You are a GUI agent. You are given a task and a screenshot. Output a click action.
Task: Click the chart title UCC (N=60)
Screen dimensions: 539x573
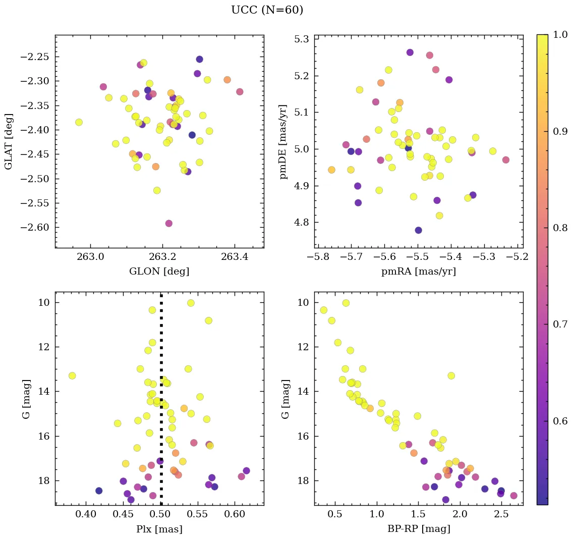267,10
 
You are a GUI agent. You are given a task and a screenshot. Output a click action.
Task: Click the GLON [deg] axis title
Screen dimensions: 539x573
159,272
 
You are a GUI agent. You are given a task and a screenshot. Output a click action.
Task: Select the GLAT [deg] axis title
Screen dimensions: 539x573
9,141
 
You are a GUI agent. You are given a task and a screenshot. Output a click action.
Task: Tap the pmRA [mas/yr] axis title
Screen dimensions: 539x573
419,272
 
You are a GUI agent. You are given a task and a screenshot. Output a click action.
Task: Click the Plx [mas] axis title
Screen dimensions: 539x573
159,529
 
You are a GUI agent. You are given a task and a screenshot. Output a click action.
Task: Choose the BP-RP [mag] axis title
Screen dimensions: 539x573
419,529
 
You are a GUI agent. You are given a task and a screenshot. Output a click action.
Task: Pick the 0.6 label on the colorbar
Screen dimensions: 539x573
559,421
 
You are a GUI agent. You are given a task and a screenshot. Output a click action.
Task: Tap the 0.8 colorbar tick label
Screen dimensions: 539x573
559,228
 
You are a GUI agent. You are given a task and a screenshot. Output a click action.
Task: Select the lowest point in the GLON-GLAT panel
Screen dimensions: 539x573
168,223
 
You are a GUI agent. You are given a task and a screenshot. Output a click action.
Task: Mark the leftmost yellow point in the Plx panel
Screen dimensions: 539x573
72,375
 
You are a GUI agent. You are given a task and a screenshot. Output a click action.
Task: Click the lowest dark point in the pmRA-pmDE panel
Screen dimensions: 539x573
418,230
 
